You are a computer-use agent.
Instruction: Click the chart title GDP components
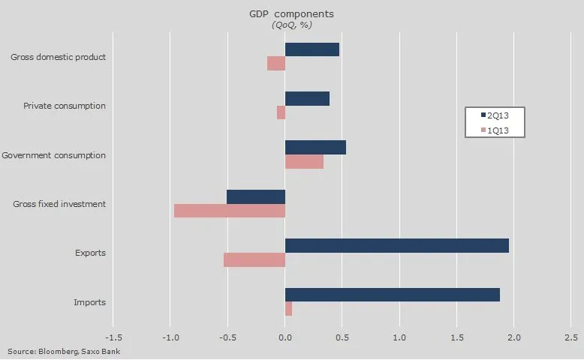[292, 13]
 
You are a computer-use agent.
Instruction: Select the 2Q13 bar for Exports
[397, 245]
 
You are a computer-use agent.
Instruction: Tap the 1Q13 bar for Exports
[254, 259]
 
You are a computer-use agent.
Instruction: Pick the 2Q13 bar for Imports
[393, 295]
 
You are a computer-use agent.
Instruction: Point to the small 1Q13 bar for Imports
[288, 309]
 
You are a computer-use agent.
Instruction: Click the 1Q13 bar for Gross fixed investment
[230, 211]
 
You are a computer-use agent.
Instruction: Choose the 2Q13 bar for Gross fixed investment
[256, 196]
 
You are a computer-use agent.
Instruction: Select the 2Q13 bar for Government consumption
[315, 147]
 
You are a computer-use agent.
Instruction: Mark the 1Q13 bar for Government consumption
[304, 161]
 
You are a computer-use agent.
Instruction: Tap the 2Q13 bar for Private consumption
[307, 98]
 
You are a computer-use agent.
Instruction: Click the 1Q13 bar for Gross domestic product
[276, 64]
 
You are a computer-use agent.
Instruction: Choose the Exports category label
[90, 253]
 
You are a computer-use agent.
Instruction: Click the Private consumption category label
[65, 106]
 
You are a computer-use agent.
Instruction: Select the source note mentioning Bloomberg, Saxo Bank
[64, 351]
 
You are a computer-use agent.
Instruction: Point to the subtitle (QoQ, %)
[292, 25]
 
